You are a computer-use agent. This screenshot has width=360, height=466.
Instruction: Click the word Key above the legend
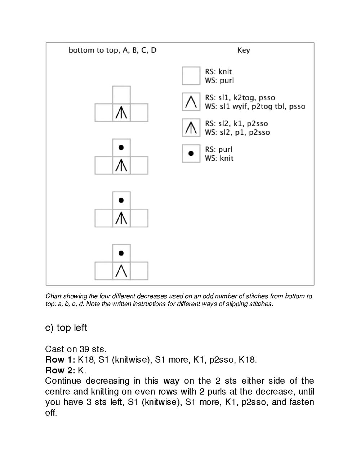tap(243, 50)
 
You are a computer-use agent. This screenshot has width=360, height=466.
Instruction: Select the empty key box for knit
tap(191, 76)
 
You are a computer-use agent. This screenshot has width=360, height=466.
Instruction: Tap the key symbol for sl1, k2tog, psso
tap(191, 102)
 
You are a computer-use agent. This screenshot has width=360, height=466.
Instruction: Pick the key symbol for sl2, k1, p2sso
tap(191, 128)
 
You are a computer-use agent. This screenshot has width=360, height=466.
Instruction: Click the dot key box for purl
tap(191, 154)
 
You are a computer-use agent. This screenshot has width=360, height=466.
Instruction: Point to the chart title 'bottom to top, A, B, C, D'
tap(112, 50)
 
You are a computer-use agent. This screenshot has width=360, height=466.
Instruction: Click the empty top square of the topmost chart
tap(121, 95)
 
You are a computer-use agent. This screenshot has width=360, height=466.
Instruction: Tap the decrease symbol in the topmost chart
tap(121, 113)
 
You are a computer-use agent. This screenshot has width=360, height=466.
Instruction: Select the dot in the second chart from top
tap(121, 147)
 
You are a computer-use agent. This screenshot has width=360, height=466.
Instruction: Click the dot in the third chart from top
tap(121, 200)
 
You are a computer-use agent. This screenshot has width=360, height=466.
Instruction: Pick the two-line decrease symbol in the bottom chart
tap(121, 271)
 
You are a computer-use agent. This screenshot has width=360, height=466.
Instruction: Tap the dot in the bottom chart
tap(121, 253)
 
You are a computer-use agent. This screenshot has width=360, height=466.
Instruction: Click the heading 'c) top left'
tap(66, 328)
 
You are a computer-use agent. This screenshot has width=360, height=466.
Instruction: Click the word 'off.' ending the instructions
tap(51, 413)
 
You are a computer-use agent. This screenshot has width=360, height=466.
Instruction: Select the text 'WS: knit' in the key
tap(219, 158)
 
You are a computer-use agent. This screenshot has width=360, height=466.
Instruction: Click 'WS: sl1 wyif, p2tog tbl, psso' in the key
tap(255, 106)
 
